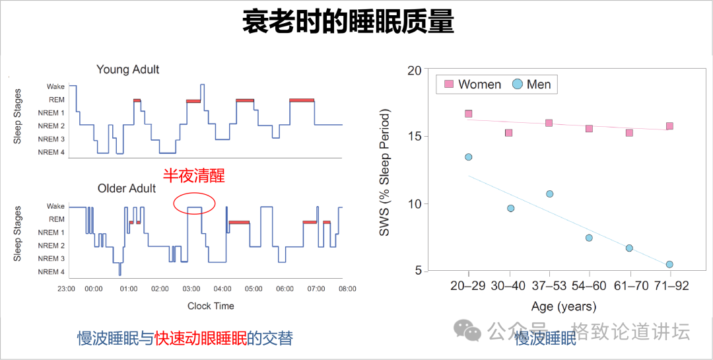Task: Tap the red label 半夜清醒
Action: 193,175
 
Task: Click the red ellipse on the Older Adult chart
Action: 194,204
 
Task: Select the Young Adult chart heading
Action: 127,69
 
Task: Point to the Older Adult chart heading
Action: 127,188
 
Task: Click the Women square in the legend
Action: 449,85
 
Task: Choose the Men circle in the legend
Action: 517,85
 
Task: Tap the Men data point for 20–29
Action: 468,157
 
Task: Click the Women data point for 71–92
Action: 669,126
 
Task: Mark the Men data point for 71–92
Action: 669,264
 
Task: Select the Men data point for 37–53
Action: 549,194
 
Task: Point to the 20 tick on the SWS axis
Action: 414,70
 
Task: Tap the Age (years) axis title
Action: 563,306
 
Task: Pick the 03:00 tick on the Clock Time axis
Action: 191,289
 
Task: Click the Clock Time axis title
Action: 211,306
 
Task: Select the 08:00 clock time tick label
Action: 347,289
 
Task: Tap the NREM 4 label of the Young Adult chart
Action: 51,153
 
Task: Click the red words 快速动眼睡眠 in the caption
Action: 200,339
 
